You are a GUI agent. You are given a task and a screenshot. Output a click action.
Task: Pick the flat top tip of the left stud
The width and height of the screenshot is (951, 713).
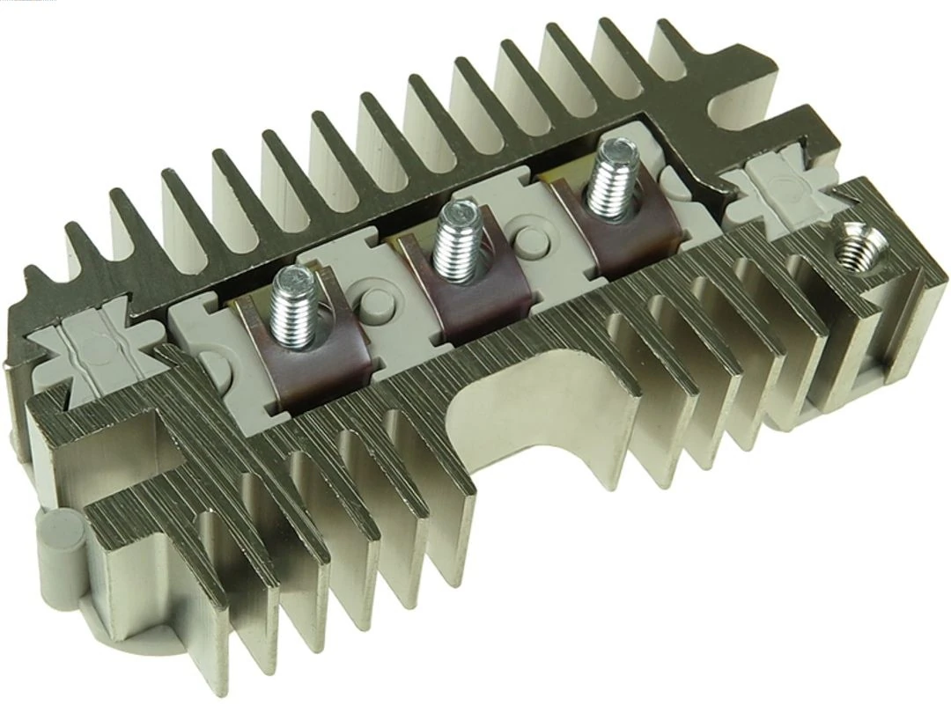(x=291, y=279)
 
